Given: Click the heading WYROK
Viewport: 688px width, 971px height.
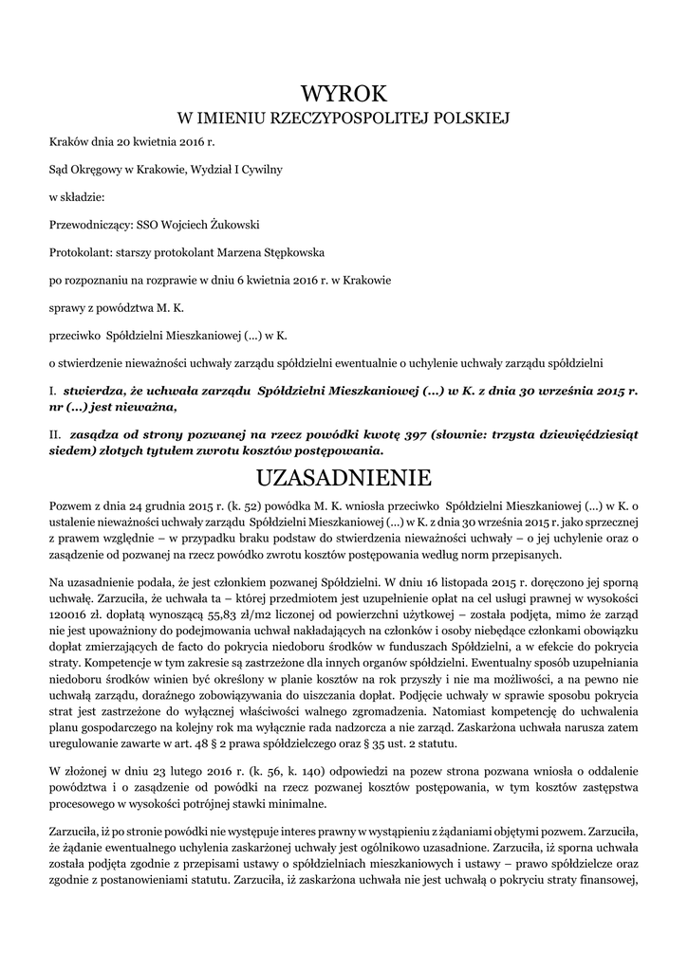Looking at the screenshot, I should pyautogui.click(x=344, y=93).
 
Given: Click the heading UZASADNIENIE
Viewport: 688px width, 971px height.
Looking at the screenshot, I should pyautogui.click(x=344, y=475).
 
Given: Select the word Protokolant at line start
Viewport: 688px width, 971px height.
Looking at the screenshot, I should pyautogui.click(x=79, y=253).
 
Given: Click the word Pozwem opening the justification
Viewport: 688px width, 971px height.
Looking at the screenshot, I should pyautogui.click(x=69, y=508).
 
